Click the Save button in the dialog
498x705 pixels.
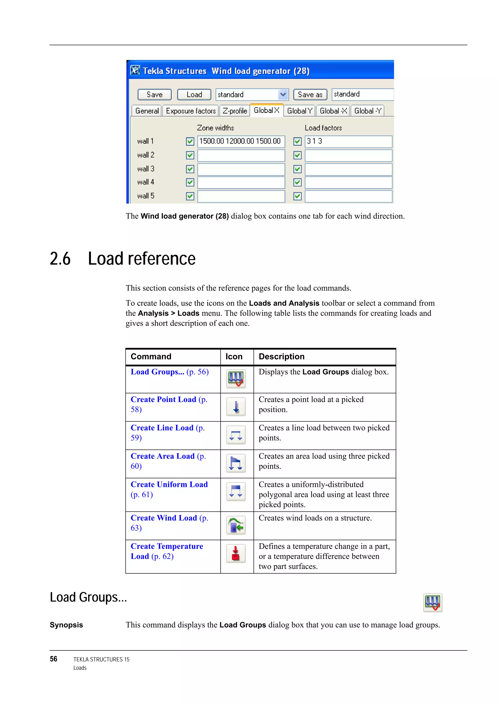pos(154,95)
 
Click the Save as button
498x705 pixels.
pos(310,95)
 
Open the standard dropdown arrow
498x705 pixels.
pos(283,95)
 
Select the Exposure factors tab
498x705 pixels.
pos(191,111)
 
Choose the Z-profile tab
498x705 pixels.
pos(235,111)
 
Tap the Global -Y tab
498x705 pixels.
pos(368,111)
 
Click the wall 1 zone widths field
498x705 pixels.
pos(241,141)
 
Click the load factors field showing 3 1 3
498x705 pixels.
pos(348,141)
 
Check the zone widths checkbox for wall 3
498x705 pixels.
pos(190,169)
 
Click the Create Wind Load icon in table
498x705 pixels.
pos(236,525)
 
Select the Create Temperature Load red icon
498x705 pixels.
pos(236,554)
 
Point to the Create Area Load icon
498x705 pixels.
pos(236,463)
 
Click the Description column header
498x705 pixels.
pos(281,357)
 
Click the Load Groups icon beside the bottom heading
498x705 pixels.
pos(432,603)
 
